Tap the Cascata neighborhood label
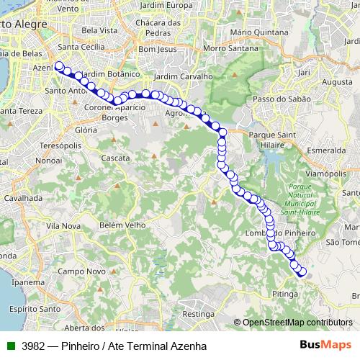[x=115, y=157]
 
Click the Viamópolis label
[x=324, y=174]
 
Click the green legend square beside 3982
[x=9, y=346]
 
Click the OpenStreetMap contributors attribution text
[x=297, y=323]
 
